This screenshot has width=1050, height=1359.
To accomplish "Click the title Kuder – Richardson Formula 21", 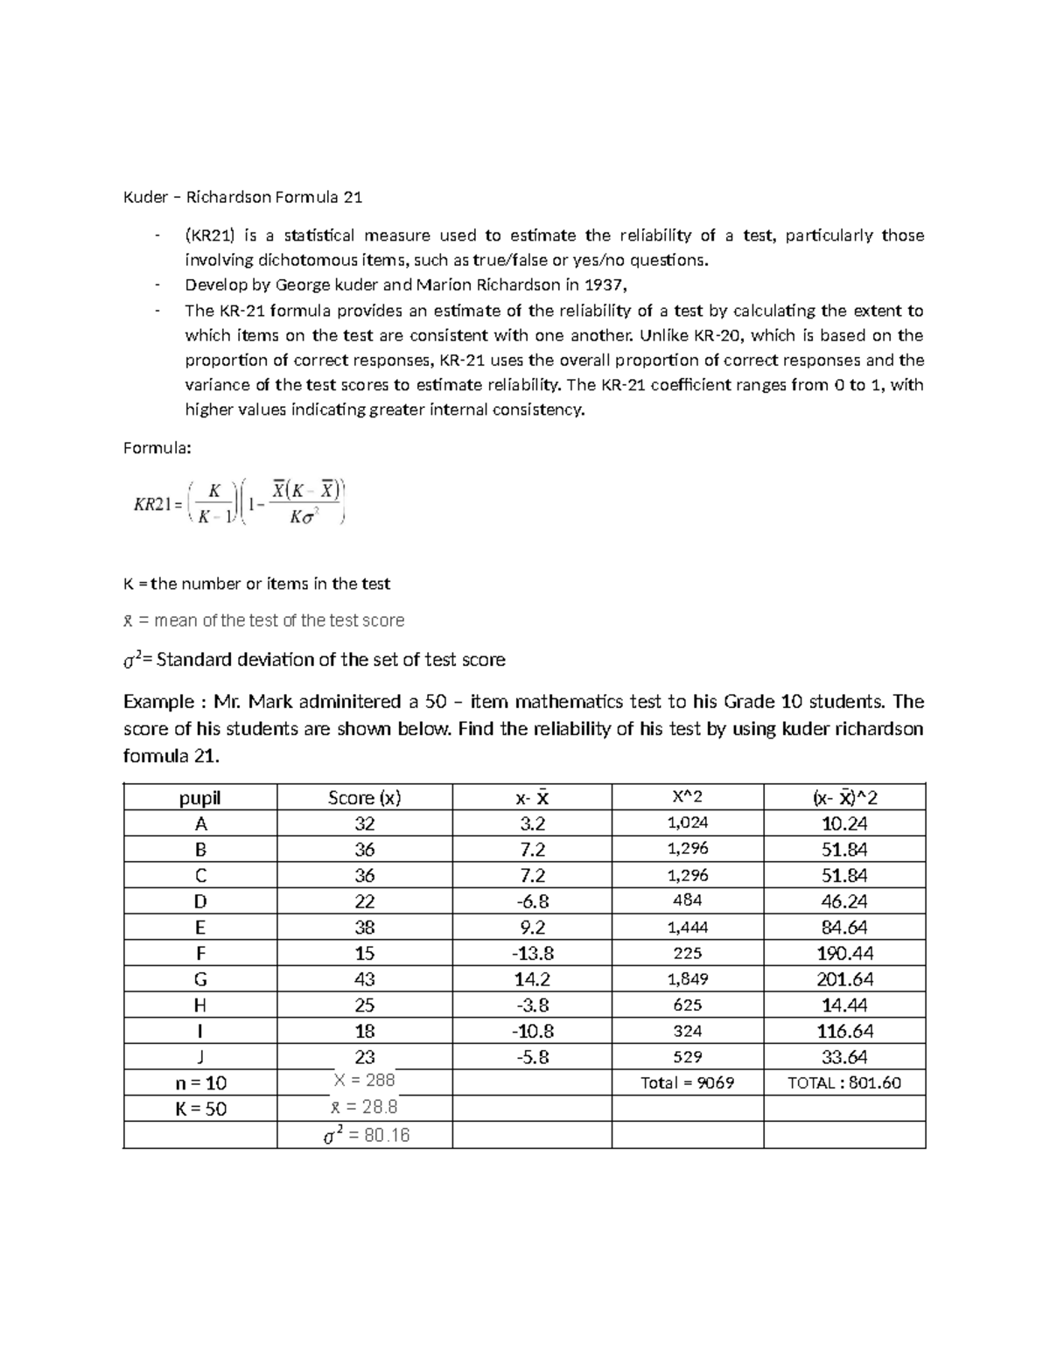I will pyautogui.click(x=242, y=197).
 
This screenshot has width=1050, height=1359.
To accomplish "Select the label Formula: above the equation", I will pyautogui.click(x=157, y=447).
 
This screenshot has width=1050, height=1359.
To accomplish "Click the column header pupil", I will pyautogui.click(x=200, y=797).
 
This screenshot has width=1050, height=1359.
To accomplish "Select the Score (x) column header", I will pyautogui.click(x=364, y=797).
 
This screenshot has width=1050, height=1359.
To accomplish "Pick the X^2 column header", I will pyautogui.click(x=687, y=796).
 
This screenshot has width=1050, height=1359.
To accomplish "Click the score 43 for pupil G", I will pyautogui.click(x=364, y=979).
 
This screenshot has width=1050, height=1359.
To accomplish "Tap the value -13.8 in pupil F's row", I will pyautogui.click(x=532, y=953).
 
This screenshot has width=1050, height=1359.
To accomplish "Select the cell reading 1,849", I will pyautogui.click(x=687, y=979).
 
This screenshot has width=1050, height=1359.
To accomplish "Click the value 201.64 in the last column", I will pyautogui.click(x=844, y=979).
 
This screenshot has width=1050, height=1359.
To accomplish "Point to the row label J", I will pyautogui.click(x=200, y=1057).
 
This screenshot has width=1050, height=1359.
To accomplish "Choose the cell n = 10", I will pyautogui.click(x=200, y=1083).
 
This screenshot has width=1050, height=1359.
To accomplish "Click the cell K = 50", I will pyautogui.click(x=200, y=1109).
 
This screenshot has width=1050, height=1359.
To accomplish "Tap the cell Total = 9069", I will pyautogui.click(x=687, y=1083).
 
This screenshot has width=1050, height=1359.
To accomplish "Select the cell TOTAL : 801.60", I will pyautogui.click(x=844, y=1083).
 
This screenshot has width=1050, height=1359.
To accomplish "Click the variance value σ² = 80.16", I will pyautogui.click(x=366, y=1136).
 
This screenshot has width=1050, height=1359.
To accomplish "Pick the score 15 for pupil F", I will pyautogui.click(x=364, y=953).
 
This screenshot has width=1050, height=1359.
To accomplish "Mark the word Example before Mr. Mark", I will pyautogui.click(x=158, y=702).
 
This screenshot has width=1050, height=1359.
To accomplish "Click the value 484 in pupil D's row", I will pyautogui.click(x=687, y=900).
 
